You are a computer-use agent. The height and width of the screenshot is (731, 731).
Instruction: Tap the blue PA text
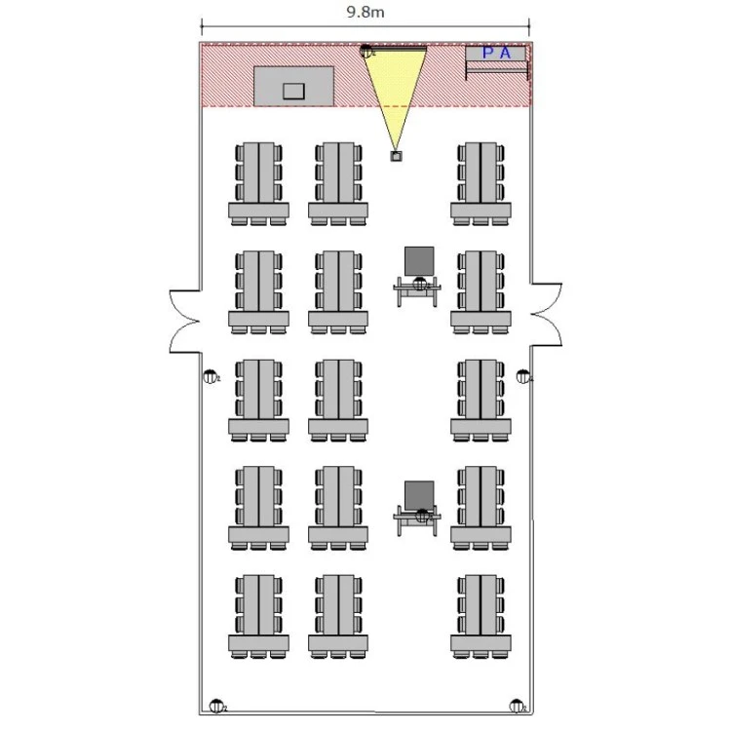pos(496,54)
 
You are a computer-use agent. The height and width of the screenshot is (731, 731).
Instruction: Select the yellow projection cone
pos(395,93)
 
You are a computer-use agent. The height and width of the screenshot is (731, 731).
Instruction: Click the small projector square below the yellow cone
pos(396,156)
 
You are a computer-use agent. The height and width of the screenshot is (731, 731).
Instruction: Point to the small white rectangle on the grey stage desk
pos(293,91)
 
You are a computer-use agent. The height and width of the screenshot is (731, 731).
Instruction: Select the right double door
pos(545,314)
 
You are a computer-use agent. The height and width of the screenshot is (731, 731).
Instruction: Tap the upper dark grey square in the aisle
pos(419,260)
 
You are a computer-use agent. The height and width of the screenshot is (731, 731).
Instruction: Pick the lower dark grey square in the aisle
pos(420,494)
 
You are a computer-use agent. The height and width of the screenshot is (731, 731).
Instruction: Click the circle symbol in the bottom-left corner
pos(215,706)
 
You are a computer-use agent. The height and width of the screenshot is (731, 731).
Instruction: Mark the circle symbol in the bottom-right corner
pos(517,706)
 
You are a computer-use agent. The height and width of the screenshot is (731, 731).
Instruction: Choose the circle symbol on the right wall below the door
pos(522,376)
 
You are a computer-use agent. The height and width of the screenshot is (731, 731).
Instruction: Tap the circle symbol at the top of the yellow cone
pos(366,52)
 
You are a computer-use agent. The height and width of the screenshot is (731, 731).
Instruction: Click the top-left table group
pos(259,182)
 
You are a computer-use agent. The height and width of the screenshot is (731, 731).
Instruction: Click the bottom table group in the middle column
pos(338,614)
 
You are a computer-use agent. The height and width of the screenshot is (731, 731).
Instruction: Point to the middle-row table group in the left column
pos(259,399)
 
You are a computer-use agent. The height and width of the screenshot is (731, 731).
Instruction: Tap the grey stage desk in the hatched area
pos(294,86)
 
